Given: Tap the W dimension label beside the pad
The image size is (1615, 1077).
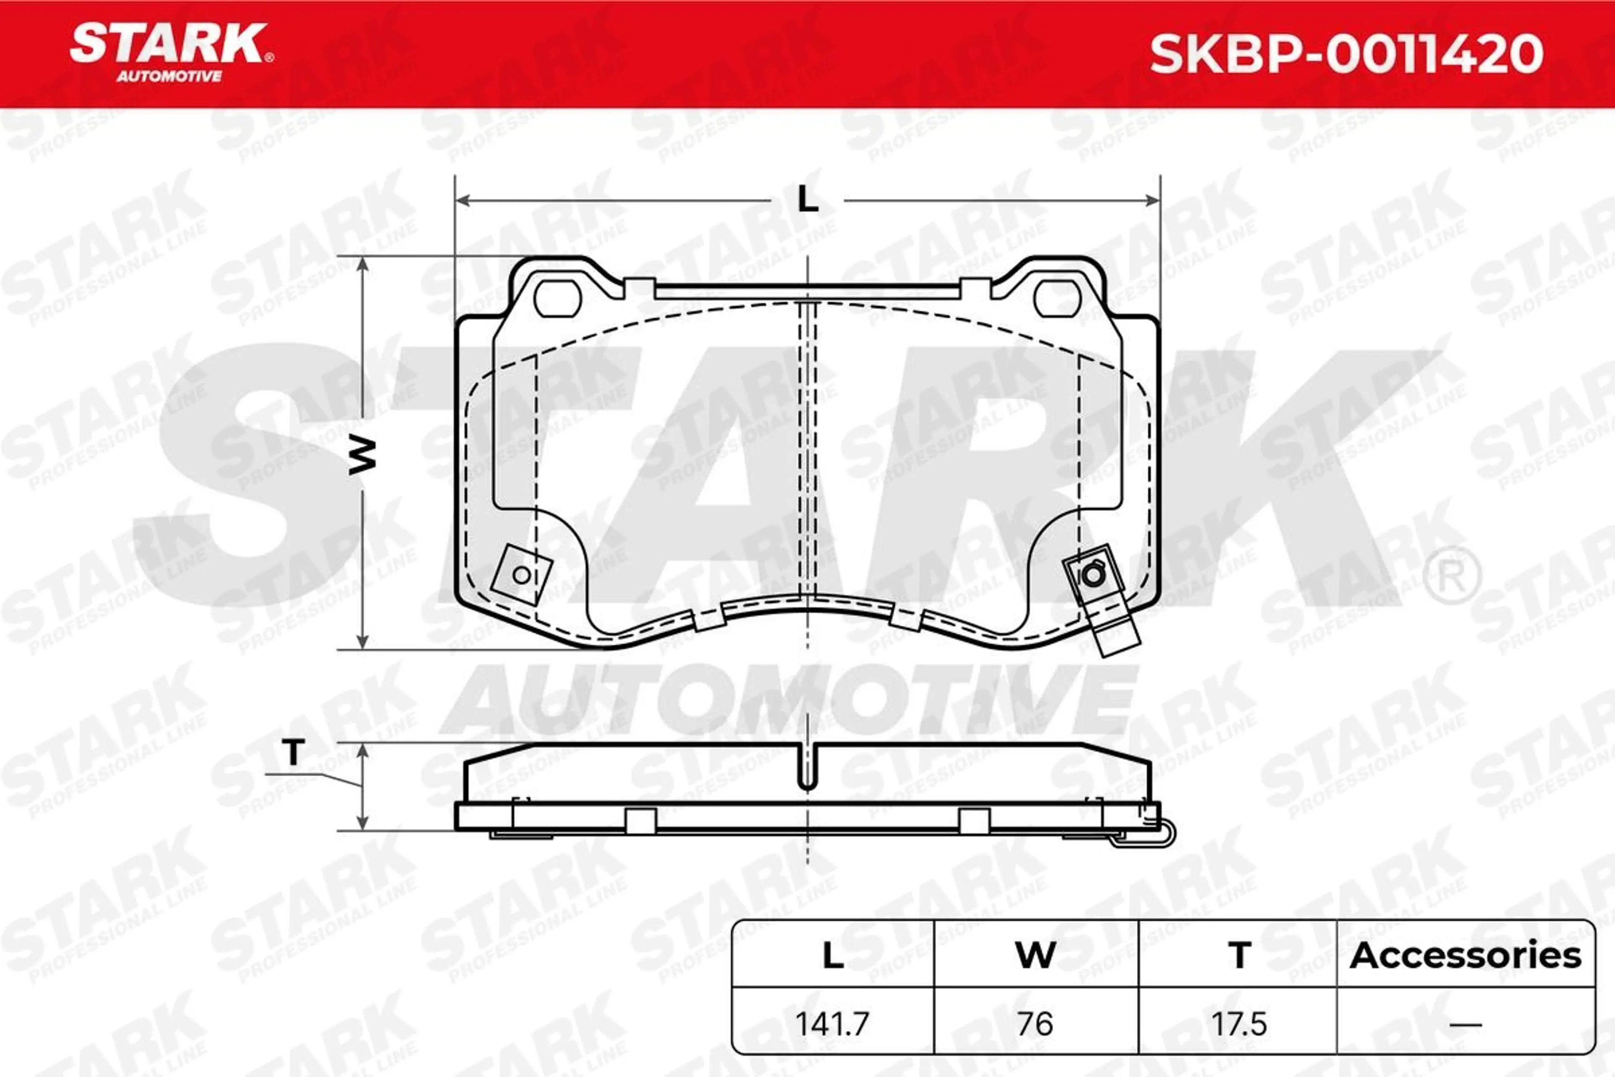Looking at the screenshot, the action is (362, 455).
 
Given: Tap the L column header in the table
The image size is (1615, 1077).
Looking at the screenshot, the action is (833, 955).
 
